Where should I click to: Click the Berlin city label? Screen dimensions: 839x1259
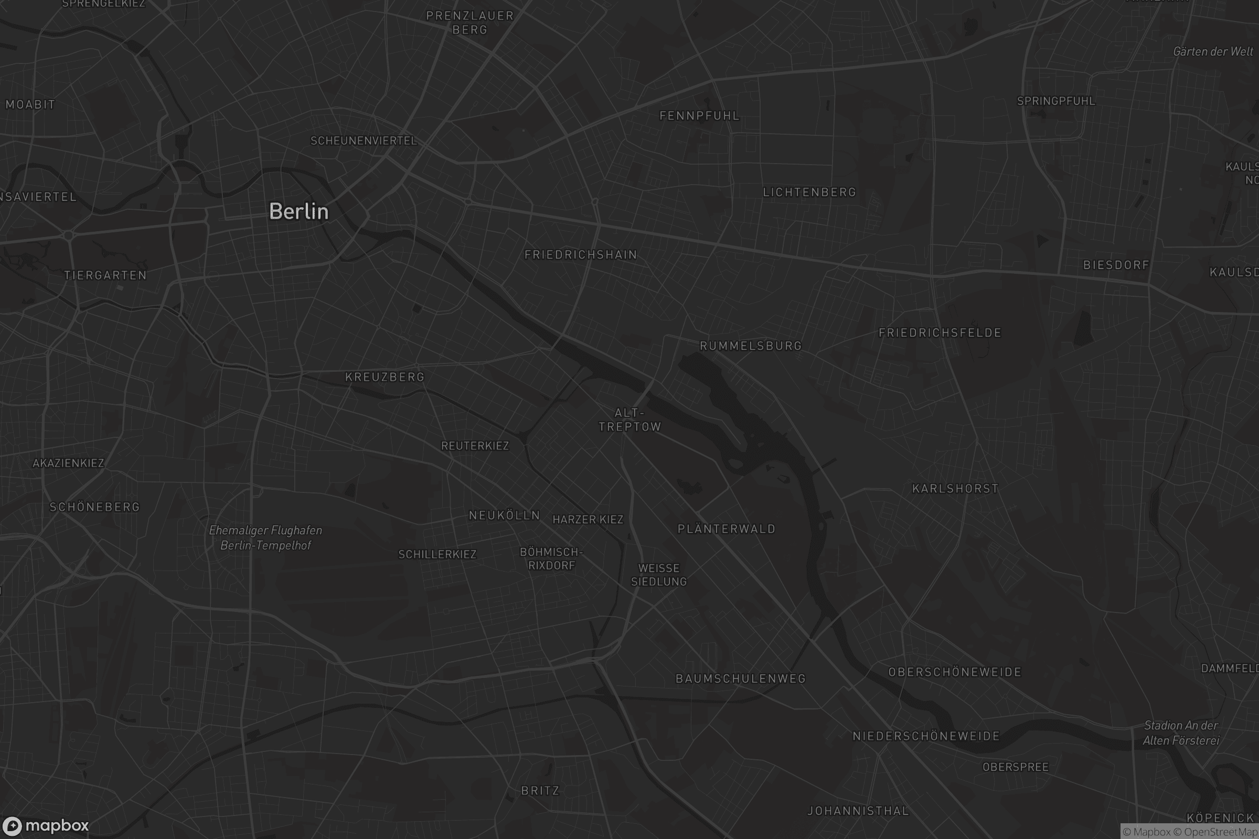[x=298, y=211]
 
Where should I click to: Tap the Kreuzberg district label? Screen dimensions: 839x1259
[x=385, y=377]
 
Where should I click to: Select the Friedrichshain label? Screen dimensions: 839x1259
[x=581, y=255]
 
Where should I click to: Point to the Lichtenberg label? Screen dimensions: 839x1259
[x=809, y=192]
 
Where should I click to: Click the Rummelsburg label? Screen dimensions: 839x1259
[x=751, y=346]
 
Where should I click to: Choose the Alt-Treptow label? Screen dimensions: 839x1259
[x=629, y=420]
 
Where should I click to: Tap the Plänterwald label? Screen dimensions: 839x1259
[x=727, y=529]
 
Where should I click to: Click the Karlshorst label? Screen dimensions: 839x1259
[x=955, y=489]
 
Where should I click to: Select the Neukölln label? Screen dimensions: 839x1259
[x=504, y=515]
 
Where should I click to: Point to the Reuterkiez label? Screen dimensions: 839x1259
[x=475, y=446]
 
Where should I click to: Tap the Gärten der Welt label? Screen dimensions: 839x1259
[x=1212, y=52]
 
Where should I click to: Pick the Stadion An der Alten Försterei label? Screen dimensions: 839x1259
[x=1181, y=733]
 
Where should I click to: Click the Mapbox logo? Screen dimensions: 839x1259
[x=45, y=825]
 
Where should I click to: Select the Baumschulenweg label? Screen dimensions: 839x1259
[x=740, y=679]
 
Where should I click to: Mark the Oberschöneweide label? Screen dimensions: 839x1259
[x=954, y=672]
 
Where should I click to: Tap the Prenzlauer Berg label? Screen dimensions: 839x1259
[x=470, y=23]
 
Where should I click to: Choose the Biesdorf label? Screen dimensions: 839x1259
[x=1116, y=265]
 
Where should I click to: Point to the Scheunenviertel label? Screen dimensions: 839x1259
[x=364, y=141]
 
